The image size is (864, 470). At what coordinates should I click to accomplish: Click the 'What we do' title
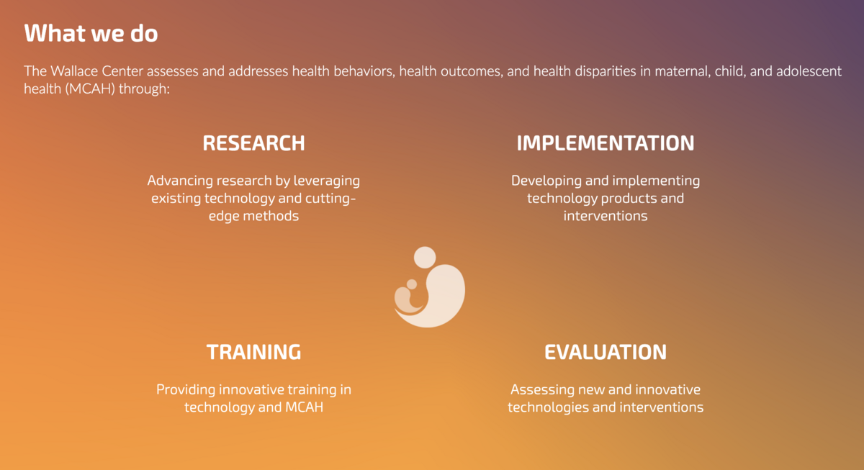(91, 33)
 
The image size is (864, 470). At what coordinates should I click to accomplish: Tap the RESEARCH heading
(253, 143)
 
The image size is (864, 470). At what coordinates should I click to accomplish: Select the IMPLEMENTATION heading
(606, 143)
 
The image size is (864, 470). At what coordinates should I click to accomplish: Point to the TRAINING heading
(253, 352)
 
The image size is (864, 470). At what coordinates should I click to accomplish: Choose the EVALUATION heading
(606, 352)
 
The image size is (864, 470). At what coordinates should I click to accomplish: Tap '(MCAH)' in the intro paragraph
(90, 89)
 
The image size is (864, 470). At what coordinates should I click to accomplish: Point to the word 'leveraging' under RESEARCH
(327, 181)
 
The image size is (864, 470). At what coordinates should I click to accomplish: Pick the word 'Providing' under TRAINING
(186, 389)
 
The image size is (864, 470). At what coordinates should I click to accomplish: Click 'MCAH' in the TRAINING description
(305, 407)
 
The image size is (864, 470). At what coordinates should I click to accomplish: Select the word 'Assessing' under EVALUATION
(540, 389)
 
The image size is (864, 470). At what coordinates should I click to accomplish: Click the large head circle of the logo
(425, 258)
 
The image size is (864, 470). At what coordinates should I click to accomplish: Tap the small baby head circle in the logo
(412, 284)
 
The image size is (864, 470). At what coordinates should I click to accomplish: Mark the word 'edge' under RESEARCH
(224, 216)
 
